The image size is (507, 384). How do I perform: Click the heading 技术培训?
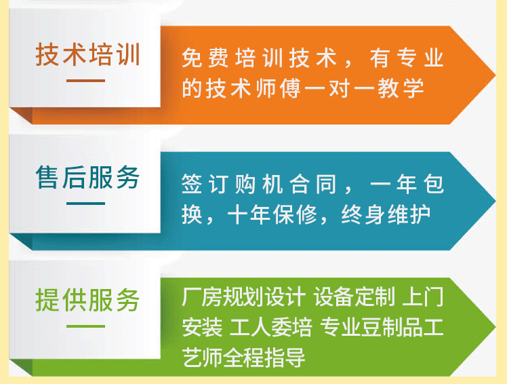click(x=87, y=55)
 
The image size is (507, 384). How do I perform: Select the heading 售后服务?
click(x=87, y=178)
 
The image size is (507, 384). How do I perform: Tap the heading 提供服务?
click(x=87, y=300)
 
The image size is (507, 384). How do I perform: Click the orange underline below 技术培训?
click(x=86, y=81)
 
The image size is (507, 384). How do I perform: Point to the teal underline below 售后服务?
click(x=86, y=203)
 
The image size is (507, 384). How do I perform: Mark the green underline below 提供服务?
click(x=86, y=326)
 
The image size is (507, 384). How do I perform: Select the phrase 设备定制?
click(x=352, y=297)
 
